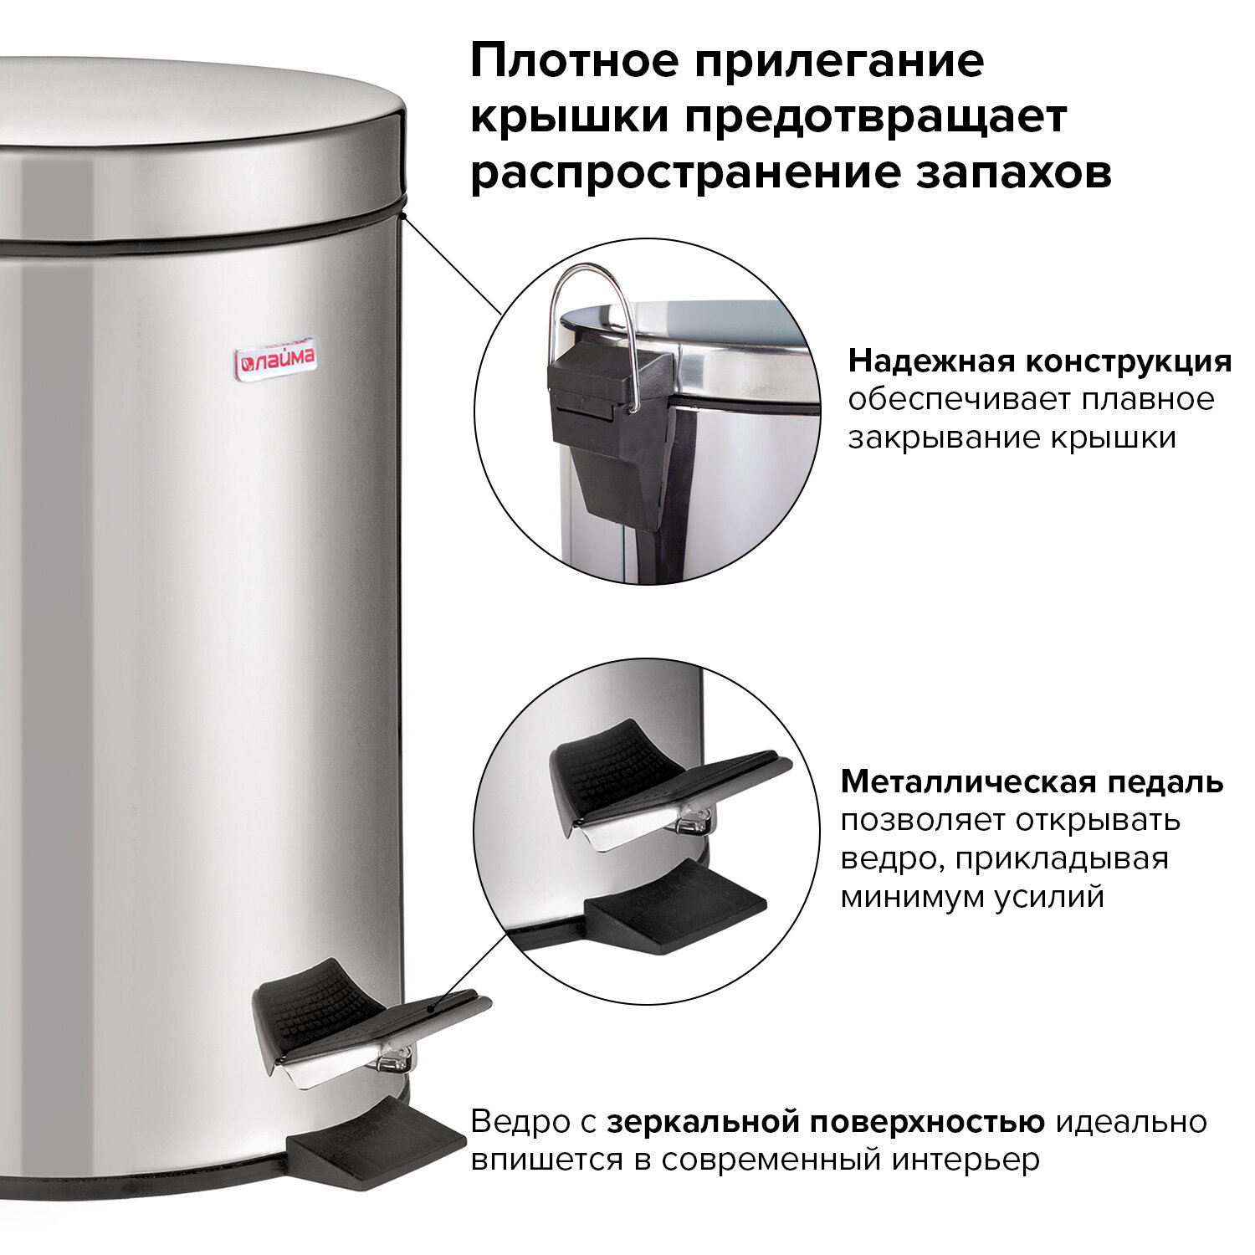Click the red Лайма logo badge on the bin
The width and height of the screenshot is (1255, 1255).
coord(274,359)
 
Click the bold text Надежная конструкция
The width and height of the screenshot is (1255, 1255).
coord(1039,361)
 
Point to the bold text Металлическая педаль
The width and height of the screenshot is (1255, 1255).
coord(1032,781)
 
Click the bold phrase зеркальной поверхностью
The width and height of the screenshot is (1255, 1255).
coord(825,1121)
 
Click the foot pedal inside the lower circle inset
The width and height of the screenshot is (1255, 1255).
coord(653,786)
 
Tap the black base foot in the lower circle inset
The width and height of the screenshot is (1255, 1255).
coord(674,908)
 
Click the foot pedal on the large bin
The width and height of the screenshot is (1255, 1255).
coord(351,1021)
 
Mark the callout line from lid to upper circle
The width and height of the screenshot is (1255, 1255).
coord(452,264)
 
